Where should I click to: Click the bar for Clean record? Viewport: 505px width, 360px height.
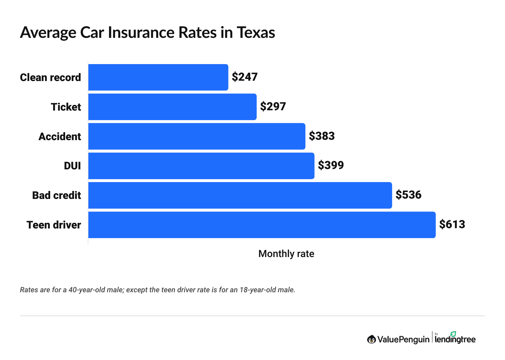158,77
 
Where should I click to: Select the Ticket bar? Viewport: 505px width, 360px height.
172,107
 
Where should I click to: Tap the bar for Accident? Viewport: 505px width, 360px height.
197,136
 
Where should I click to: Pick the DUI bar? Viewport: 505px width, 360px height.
201,166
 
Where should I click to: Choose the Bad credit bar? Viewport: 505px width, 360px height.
240,195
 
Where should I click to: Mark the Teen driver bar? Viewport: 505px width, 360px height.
262,225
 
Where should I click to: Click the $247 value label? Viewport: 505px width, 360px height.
245,77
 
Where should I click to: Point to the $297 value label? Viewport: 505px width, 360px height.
273,106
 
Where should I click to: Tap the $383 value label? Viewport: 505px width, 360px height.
322,136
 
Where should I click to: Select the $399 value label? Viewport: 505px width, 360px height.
331,165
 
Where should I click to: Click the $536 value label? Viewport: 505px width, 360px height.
408,195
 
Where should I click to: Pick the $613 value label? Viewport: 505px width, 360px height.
452,224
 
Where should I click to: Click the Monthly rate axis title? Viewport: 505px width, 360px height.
286,254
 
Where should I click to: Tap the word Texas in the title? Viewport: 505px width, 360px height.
256,33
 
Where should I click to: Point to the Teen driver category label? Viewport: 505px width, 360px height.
54,225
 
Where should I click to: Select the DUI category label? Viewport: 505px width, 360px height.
72,166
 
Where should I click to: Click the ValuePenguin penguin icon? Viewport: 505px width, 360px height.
371,339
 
